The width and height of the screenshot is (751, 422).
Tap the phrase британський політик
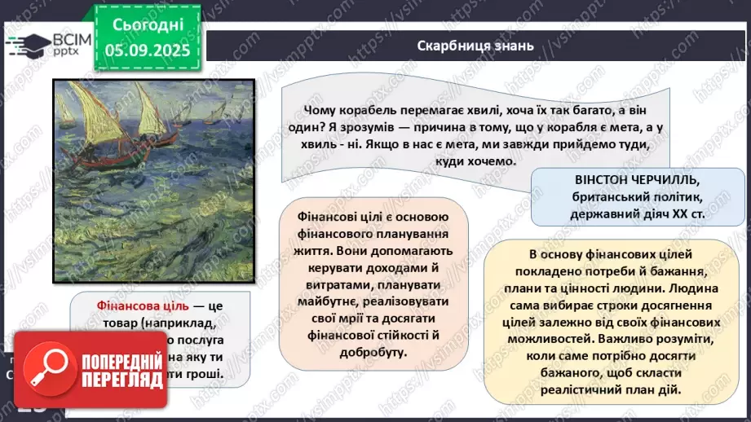click(620, 196)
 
